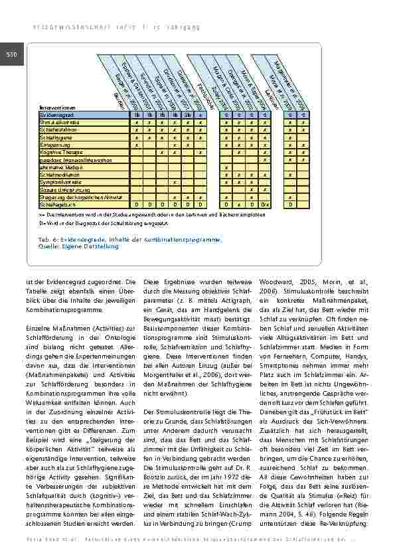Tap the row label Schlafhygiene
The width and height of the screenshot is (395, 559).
(x=54, y=137)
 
